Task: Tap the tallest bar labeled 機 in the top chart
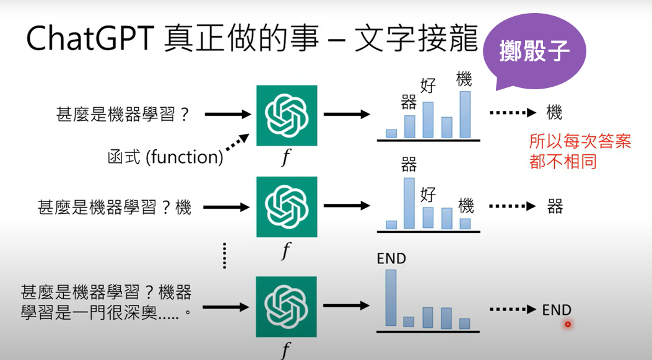pos(464,114)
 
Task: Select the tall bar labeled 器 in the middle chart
pos(409,203)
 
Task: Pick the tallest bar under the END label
pos(390,297)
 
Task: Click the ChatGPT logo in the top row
pos(287,115)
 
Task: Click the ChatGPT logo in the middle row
pos(287,207)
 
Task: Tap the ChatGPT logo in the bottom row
pos(287,307)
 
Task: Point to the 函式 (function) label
pos(165,157)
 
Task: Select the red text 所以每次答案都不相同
pos(580,151)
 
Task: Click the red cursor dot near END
pos(567,324)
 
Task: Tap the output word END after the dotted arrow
pos(556,310)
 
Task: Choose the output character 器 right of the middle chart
pos(555,206)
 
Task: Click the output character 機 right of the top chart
pos(554,113)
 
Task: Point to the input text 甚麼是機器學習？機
pos(115,207)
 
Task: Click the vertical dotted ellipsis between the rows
pos(225,255)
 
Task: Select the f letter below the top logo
pos(285,159)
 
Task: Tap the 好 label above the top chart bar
pos(428,86)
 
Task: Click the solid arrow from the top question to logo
pos(227,115)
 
